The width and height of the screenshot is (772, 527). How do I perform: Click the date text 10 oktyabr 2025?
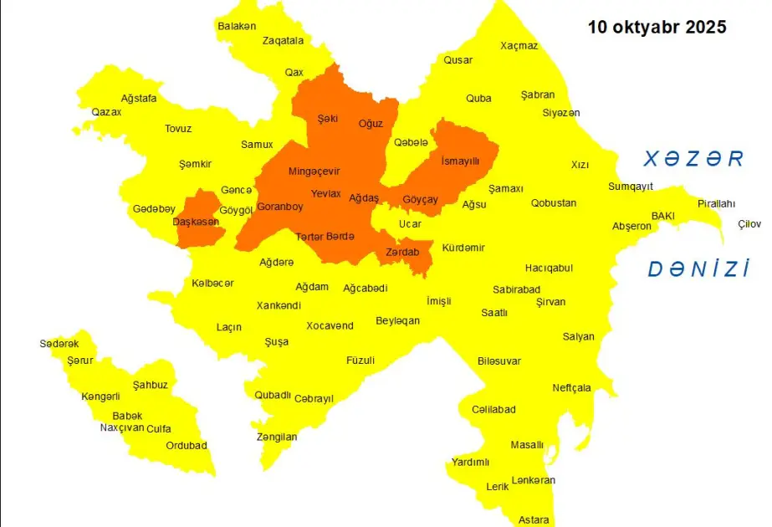click(657, 27)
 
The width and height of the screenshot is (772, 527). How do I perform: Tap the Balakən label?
click(237, 26)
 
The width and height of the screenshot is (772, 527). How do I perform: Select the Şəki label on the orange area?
click(327, 119)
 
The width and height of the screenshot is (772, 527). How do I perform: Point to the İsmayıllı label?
click(459, 161)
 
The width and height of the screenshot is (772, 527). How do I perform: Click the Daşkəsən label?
click(196, 222)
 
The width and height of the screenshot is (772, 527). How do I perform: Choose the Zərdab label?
click(402, 252)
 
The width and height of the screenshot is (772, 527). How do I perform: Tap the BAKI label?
click(662, 216)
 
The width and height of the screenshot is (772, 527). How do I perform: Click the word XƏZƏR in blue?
click(693, 158)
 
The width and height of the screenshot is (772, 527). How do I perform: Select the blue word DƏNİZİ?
click(698, 269)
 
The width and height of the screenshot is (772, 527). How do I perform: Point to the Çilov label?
click(749, 223)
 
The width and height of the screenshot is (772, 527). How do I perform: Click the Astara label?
click(534, 519)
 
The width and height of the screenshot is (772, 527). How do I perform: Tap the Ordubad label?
click(186, 446)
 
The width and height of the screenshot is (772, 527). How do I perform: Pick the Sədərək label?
click(59, 344)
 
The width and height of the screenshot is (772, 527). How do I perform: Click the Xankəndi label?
click(279, 305)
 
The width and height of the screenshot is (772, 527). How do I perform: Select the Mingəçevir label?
click(314, 171)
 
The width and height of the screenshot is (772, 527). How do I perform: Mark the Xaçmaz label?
click(519, 46)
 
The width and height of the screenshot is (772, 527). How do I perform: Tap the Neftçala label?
click(571, 387)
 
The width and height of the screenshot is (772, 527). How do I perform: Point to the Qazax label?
click(106, 112)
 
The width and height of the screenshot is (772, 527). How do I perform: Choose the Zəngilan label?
click(276, 437)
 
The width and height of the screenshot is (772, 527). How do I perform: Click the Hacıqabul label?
click(549, 268)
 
